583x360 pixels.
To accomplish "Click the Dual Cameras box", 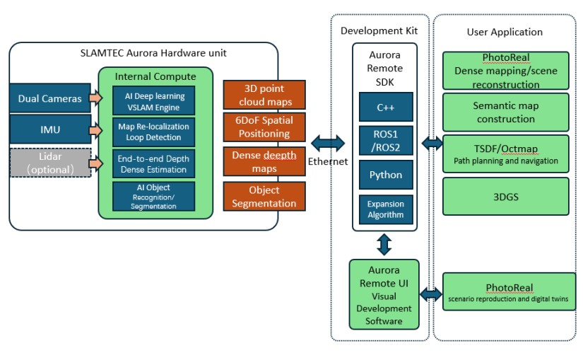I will [x=49, y=99].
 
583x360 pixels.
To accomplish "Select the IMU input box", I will [x=49, y=130].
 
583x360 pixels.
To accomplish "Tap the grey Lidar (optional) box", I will [x=49, y=163].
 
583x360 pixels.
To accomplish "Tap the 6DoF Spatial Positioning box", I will [x=264, y=127].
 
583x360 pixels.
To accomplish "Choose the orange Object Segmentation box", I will [x=264, y=197].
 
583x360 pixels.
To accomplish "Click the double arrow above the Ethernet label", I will [x=328, y=144].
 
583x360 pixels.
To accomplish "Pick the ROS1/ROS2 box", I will [x=385, y=140].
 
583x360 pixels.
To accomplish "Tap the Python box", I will [x=385, y=175].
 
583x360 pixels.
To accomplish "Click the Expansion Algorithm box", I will [x=385, y=209].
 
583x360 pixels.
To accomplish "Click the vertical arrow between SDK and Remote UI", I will [x=384, y=245].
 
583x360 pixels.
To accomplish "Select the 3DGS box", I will [x=505, y=197].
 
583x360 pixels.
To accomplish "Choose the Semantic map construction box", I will [x=505, y=112].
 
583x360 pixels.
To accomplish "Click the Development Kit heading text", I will [x=379, y=30].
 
